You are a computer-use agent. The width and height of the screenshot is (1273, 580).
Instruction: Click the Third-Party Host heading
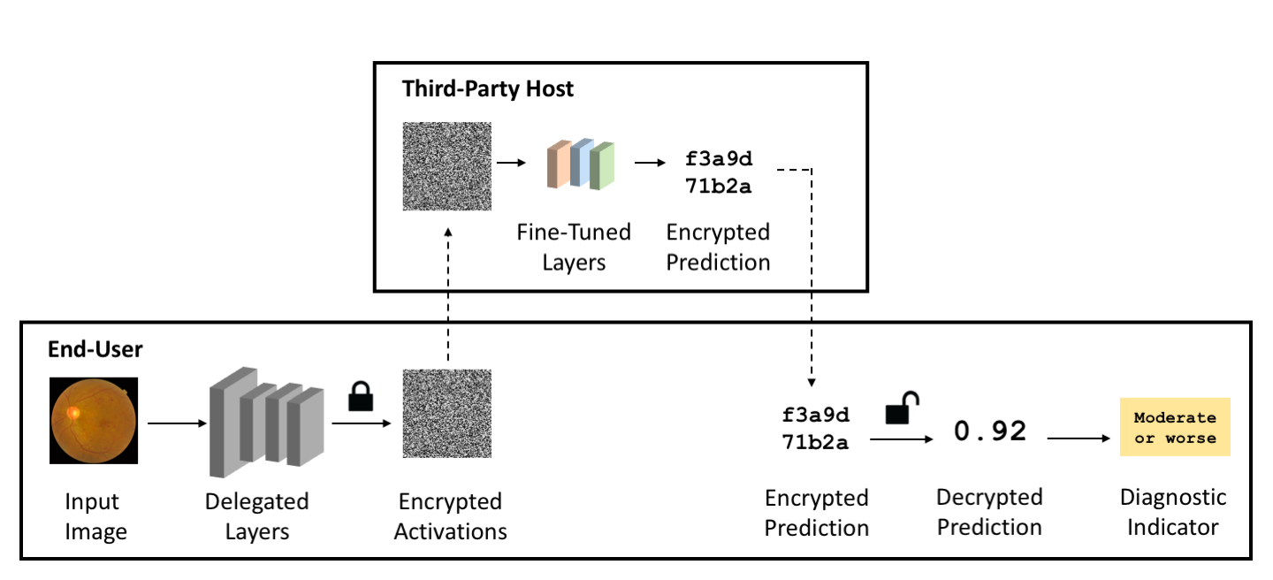click(x=488, y=89)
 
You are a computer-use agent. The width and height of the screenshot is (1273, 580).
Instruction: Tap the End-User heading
click(x=95, y=349)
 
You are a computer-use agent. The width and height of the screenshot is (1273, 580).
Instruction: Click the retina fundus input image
click(x=94, y=421)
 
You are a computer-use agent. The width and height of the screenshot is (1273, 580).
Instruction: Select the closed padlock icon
click(x=361, y=396)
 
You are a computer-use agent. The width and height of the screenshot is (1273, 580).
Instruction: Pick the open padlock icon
click(x=902, y=408)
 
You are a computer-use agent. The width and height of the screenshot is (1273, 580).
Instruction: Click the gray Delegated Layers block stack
click(x=267, y=423)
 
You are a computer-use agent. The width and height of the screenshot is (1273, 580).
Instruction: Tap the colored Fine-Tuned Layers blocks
click(x=580, y=164)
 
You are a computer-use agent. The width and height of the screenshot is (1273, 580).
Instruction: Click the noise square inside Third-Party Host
click(x=447, y=166)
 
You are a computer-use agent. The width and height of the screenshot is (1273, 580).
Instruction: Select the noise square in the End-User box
click(x=447, y=414)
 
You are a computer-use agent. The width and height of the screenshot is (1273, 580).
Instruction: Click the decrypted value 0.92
click(x=990, y=431)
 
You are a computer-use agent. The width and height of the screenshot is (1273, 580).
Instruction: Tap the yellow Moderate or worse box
click(x=1175, y=427)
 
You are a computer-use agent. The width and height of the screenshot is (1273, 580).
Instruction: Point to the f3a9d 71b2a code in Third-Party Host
click(x=719, y=172)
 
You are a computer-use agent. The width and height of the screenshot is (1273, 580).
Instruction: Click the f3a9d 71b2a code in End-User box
click(x=815, y=428)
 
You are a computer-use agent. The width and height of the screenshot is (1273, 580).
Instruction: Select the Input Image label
click(x=95, y=516)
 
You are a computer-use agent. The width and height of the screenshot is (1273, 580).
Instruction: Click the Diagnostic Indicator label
click(x=1173, y=512)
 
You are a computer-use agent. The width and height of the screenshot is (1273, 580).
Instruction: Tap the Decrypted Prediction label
click(x=989, y=512)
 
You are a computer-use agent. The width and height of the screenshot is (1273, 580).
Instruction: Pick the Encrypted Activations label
click(x=450, y=516)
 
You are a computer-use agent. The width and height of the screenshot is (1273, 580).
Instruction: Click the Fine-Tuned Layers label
click(x=574, y=248)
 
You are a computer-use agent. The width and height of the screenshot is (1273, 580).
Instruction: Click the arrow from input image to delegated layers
click(x=177, y=423)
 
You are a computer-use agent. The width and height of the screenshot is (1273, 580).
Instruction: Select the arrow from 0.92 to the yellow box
click(x=1079, y=439)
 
